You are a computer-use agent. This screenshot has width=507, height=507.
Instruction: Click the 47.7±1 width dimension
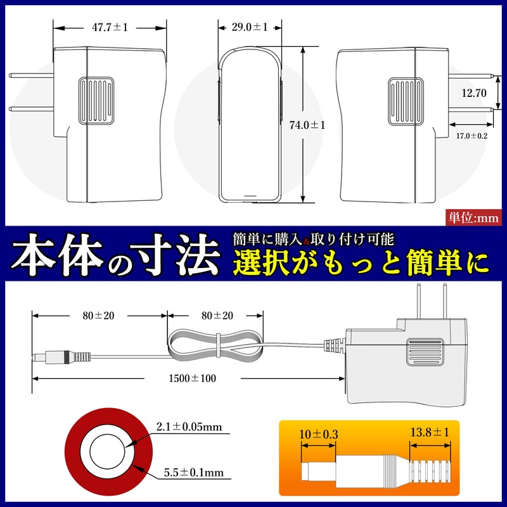click(x=110, y=28)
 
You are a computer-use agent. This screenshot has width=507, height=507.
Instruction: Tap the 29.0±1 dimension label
click(x=249, y=27)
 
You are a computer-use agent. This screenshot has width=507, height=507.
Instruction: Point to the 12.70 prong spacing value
click(x=473, y=93)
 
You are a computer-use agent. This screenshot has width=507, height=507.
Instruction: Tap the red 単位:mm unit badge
click(x=474, y=217)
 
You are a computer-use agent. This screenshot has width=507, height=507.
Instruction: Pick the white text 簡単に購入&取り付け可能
click(x=314, y=240)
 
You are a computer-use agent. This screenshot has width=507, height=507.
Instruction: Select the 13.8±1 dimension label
click(x=430, y=433)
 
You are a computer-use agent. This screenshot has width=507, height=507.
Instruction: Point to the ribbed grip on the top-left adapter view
click(x=96, y=100)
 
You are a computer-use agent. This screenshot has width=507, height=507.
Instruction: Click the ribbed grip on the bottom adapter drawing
click(x=424, y=352)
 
